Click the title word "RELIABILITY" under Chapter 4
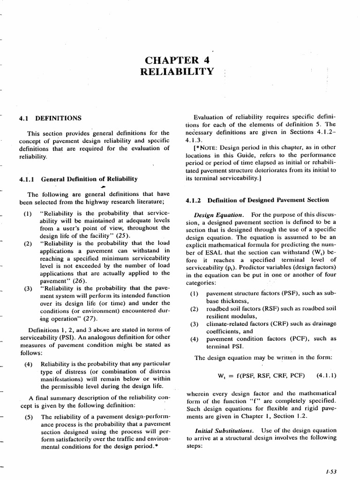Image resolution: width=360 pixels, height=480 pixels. [x=177, y=72]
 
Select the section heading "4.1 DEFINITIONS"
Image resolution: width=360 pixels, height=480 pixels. [x=50, y=118]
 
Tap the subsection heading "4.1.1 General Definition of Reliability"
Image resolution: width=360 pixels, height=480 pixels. [x=78, y=179]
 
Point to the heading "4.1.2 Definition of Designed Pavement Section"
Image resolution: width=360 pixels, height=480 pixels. [x=257, y=200]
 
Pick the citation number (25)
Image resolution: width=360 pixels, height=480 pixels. [x=124, y=235]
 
